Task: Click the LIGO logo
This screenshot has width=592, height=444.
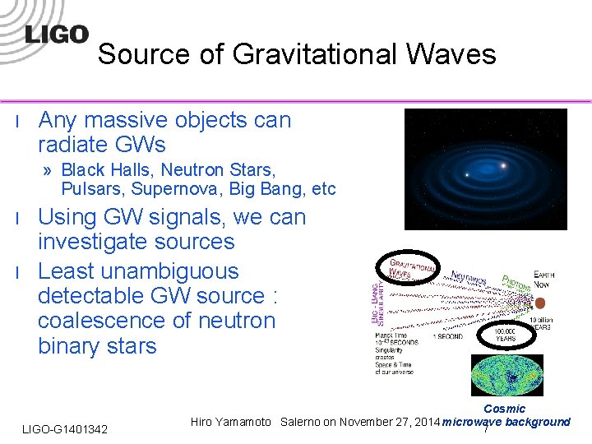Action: (x=56, y=35)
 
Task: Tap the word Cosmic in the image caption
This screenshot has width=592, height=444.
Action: (x=504, y=409)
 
